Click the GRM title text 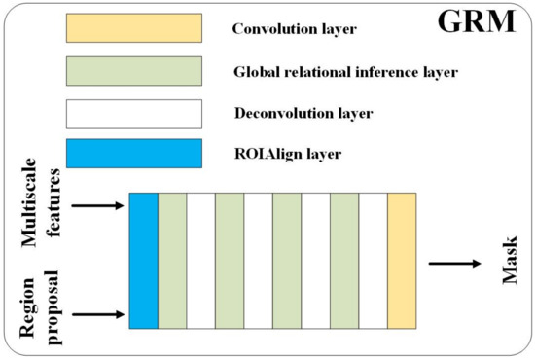478,23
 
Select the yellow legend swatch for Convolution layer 133,28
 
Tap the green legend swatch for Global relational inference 133,71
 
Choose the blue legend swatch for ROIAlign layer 133,154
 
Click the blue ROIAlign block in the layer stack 144,260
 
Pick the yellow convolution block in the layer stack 402,260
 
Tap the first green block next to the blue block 172,260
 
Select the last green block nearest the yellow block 344,260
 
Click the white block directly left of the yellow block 374,260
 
